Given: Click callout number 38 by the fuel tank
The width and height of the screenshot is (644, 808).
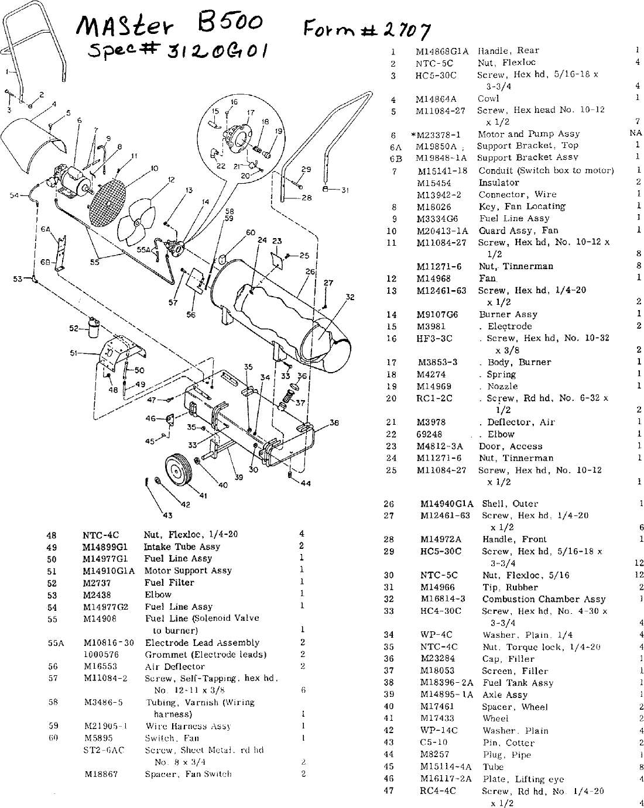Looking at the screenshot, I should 334,422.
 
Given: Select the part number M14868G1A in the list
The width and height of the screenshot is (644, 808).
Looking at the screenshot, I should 442,50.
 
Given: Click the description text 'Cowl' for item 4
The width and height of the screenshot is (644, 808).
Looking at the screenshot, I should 488,98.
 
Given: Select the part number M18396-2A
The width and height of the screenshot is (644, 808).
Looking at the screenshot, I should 447,683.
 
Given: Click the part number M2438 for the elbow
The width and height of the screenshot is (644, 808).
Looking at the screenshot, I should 97,594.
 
